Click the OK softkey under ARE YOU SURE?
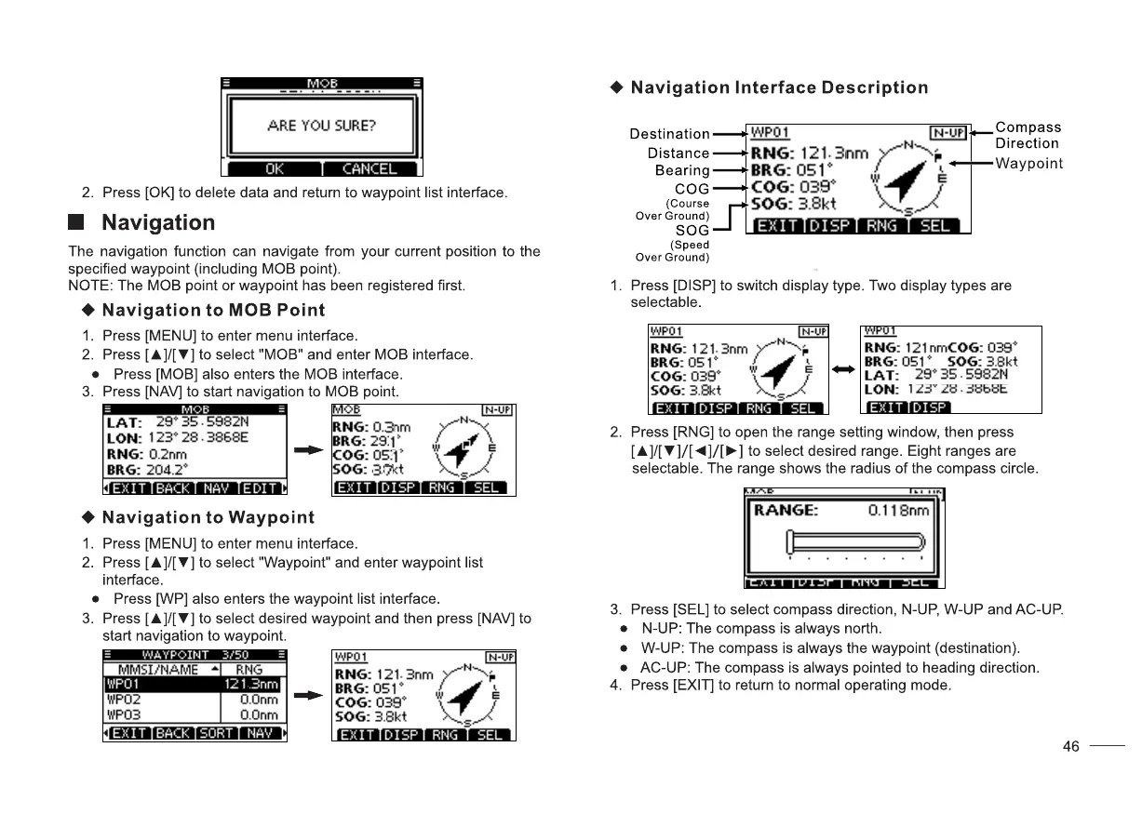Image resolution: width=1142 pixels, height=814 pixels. tap(275, 168)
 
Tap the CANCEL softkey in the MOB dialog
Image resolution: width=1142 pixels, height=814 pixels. tap(369, 168)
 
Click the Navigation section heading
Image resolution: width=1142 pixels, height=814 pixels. tap(157, 222)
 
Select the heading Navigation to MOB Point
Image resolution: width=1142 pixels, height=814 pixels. tap(213, 310)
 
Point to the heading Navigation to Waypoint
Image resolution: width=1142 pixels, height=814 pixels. tap(208, 517)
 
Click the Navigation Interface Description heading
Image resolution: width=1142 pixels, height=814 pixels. tap(779, 87)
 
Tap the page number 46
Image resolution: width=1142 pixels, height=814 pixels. tap(1071, 746)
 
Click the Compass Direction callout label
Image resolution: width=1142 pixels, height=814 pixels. tap(1027, 135)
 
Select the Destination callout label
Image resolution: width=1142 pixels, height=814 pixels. tap(669, 134)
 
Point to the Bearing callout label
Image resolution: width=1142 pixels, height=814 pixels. tap(682, 170)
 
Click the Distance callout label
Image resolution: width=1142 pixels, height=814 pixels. tap(678, 153)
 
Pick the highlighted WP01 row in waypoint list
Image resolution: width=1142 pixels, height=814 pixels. tap(193, 685)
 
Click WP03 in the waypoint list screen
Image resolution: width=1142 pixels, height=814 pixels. tap(123, 714)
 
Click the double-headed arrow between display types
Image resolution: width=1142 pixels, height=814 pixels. tap(843, 369)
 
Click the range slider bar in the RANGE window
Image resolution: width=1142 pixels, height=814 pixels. tap(855, 541)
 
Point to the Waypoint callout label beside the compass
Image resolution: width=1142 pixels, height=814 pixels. tap(1028, 164)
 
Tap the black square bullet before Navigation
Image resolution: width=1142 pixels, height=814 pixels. tap(78, 223)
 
